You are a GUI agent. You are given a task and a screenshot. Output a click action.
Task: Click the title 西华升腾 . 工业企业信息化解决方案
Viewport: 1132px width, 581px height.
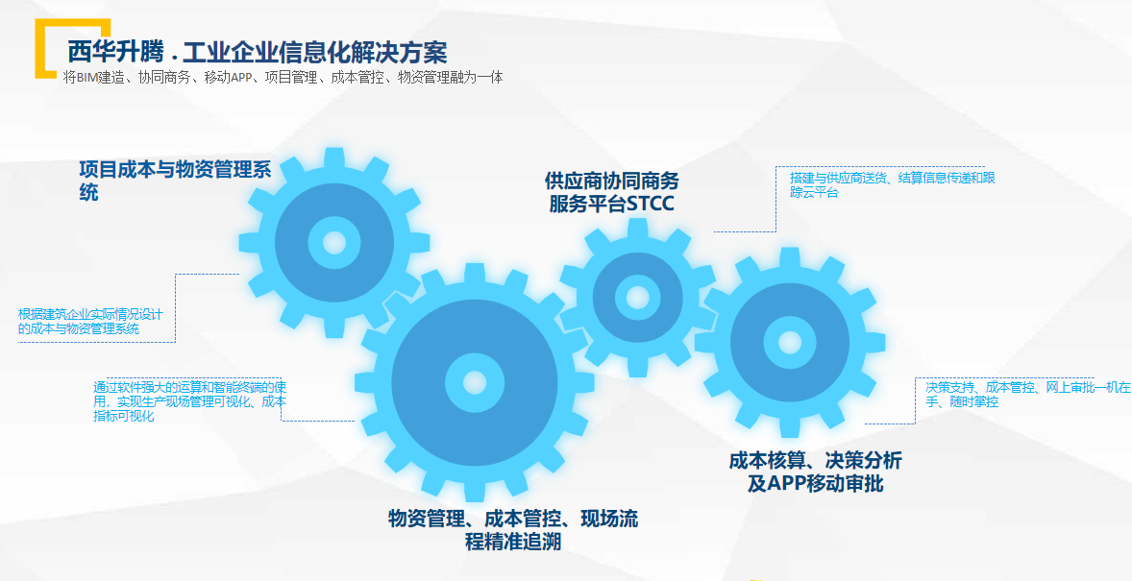pyautogui.click(x=258, y=53)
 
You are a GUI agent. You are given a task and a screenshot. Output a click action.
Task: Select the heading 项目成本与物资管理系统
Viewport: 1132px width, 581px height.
pyautogui.click(x=176, y=182)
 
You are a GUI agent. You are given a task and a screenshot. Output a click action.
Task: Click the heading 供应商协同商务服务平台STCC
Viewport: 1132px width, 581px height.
pyautogui.click(x=611, y=192)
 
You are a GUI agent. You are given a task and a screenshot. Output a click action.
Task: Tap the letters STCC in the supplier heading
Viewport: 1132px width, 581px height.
pyautogui.click(x=650, y=205)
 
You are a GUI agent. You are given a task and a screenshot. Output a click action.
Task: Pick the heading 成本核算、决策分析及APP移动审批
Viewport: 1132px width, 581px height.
pyautogui.click(x=815, y=472)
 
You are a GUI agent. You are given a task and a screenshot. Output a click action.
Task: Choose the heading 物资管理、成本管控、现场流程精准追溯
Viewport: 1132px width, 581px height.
pyautogui.click(x=513, y=530)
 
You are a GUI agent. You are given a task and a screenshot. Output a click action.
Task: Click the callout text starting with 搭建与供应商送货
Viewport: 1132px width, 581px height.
pyautogui.click(x=893, y=184)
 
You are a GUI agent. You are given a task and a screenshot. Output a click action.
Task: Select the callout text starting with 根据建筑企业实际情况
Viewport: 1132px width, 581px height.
pyautogui.click(x=91, y=321)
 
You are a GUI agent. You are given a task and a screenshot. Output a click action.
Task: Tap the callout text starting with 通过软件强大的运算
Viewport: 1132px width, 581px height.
pyautogui.click(x=190, y=402)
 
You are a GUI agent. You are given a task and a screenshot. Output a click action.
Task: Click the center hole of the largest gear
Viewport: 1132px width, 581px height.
pyautogui.click(x=475, y=382)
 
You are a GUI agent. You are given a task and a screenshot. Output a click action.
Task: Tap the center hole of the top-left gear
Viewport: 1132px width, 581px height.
pyautogui.click(x=334, y=243)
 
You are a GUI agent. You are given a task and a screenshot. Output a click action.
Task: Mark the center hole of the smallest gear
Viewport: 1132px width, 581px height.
pyautogui.click(x=637, y=297)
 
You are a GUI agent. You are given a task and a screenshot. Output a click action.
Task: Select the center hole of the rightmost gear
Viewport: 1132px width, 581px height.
pyautogui.click(x=790, y=342)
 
